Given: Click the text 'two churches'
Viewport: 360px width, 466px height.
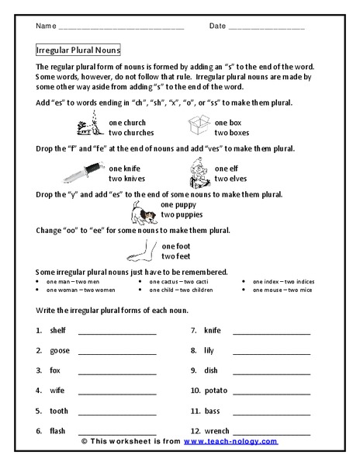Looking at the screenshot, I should (131, 133).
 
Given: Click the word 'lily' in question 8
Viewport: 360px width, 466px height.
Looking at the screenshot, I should (209, 350).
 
